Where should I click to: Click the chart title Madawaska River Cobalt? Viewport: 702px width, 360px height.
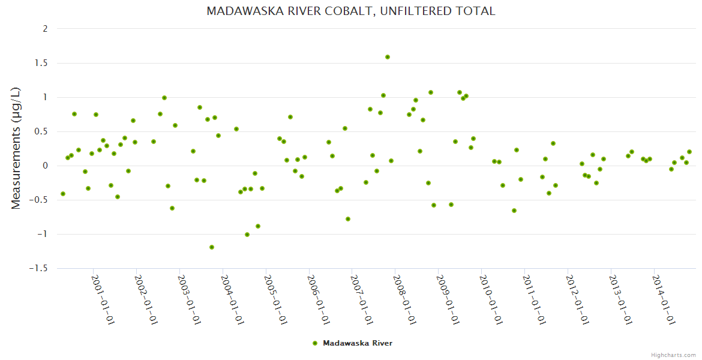pyautogui.click(x=350, y=11)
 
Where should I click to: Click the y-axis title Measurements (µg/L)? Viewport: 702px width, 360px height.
pyautogui.click(x=16, y=149)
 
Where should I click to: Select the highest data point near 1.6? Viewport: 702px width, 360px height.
pyautogui.click(x=388, y=57)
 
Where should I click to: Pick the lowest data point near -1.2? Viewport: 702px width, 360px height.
pyautogui.click(x=212, y=247)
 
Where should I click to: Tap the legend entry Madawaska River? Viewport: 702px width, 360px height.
pyautogui.click(x=358, y=343)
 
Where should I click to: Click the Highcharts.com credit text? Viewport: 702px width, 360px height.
pyautogui.click(x=673, y=355)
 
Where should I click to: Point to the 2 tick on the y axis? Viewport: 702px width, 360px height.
pyautogui.click(x=46, y=29)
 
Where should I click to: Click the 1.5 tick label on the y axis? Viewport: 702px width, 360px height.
pyautogui.click(x=42, y=63)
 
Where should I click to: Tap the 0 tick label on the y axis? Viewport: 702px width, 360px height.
pyautogui.click(x=46, y=166)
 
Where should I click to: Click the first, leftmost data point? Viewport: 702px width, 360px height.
pyautogui.click(x=63, y=194)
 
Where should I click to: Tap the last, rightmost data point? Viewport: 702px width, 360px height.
pyautogui.click(x=689, y=152)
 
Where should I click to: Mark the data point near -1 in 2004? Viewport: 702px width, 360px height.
pyautogui.click(x=247, y=235)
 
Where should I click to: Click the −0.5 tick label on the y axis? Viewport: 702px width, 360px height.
pyautogui.click(x=40, y=200)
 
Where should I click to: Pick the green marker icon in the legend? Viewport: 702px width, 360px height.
pyautogui.click(x=315, y=343)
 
